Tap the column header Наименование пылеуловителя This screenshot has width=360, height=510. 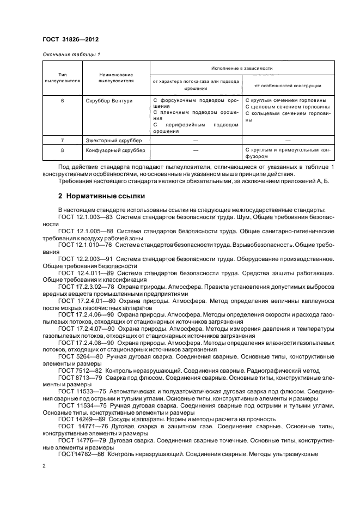pos(115,77)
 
